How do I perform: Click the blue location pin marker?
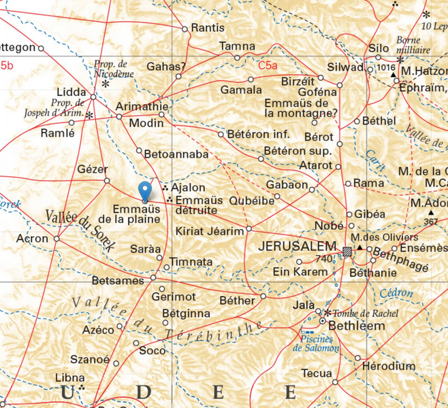coord(144,191)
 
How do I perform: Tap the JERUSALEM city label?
coord(298,246)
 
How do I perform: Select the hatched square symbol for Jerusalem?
coord(347,252)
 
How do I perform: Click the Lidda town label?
coord(72,90)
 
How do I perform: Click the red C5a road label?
coord(268,66)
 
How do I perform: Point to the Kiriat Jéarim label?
coord(209,232)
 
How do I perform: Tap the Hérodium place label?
coord(389,366)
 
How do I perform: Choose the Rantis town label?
coord(208,29)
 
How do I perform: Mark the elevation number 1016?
coord(385,68)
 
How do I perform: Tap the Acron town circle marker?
coord(57,239)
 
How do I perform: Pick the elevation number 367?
coord(430,222)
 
